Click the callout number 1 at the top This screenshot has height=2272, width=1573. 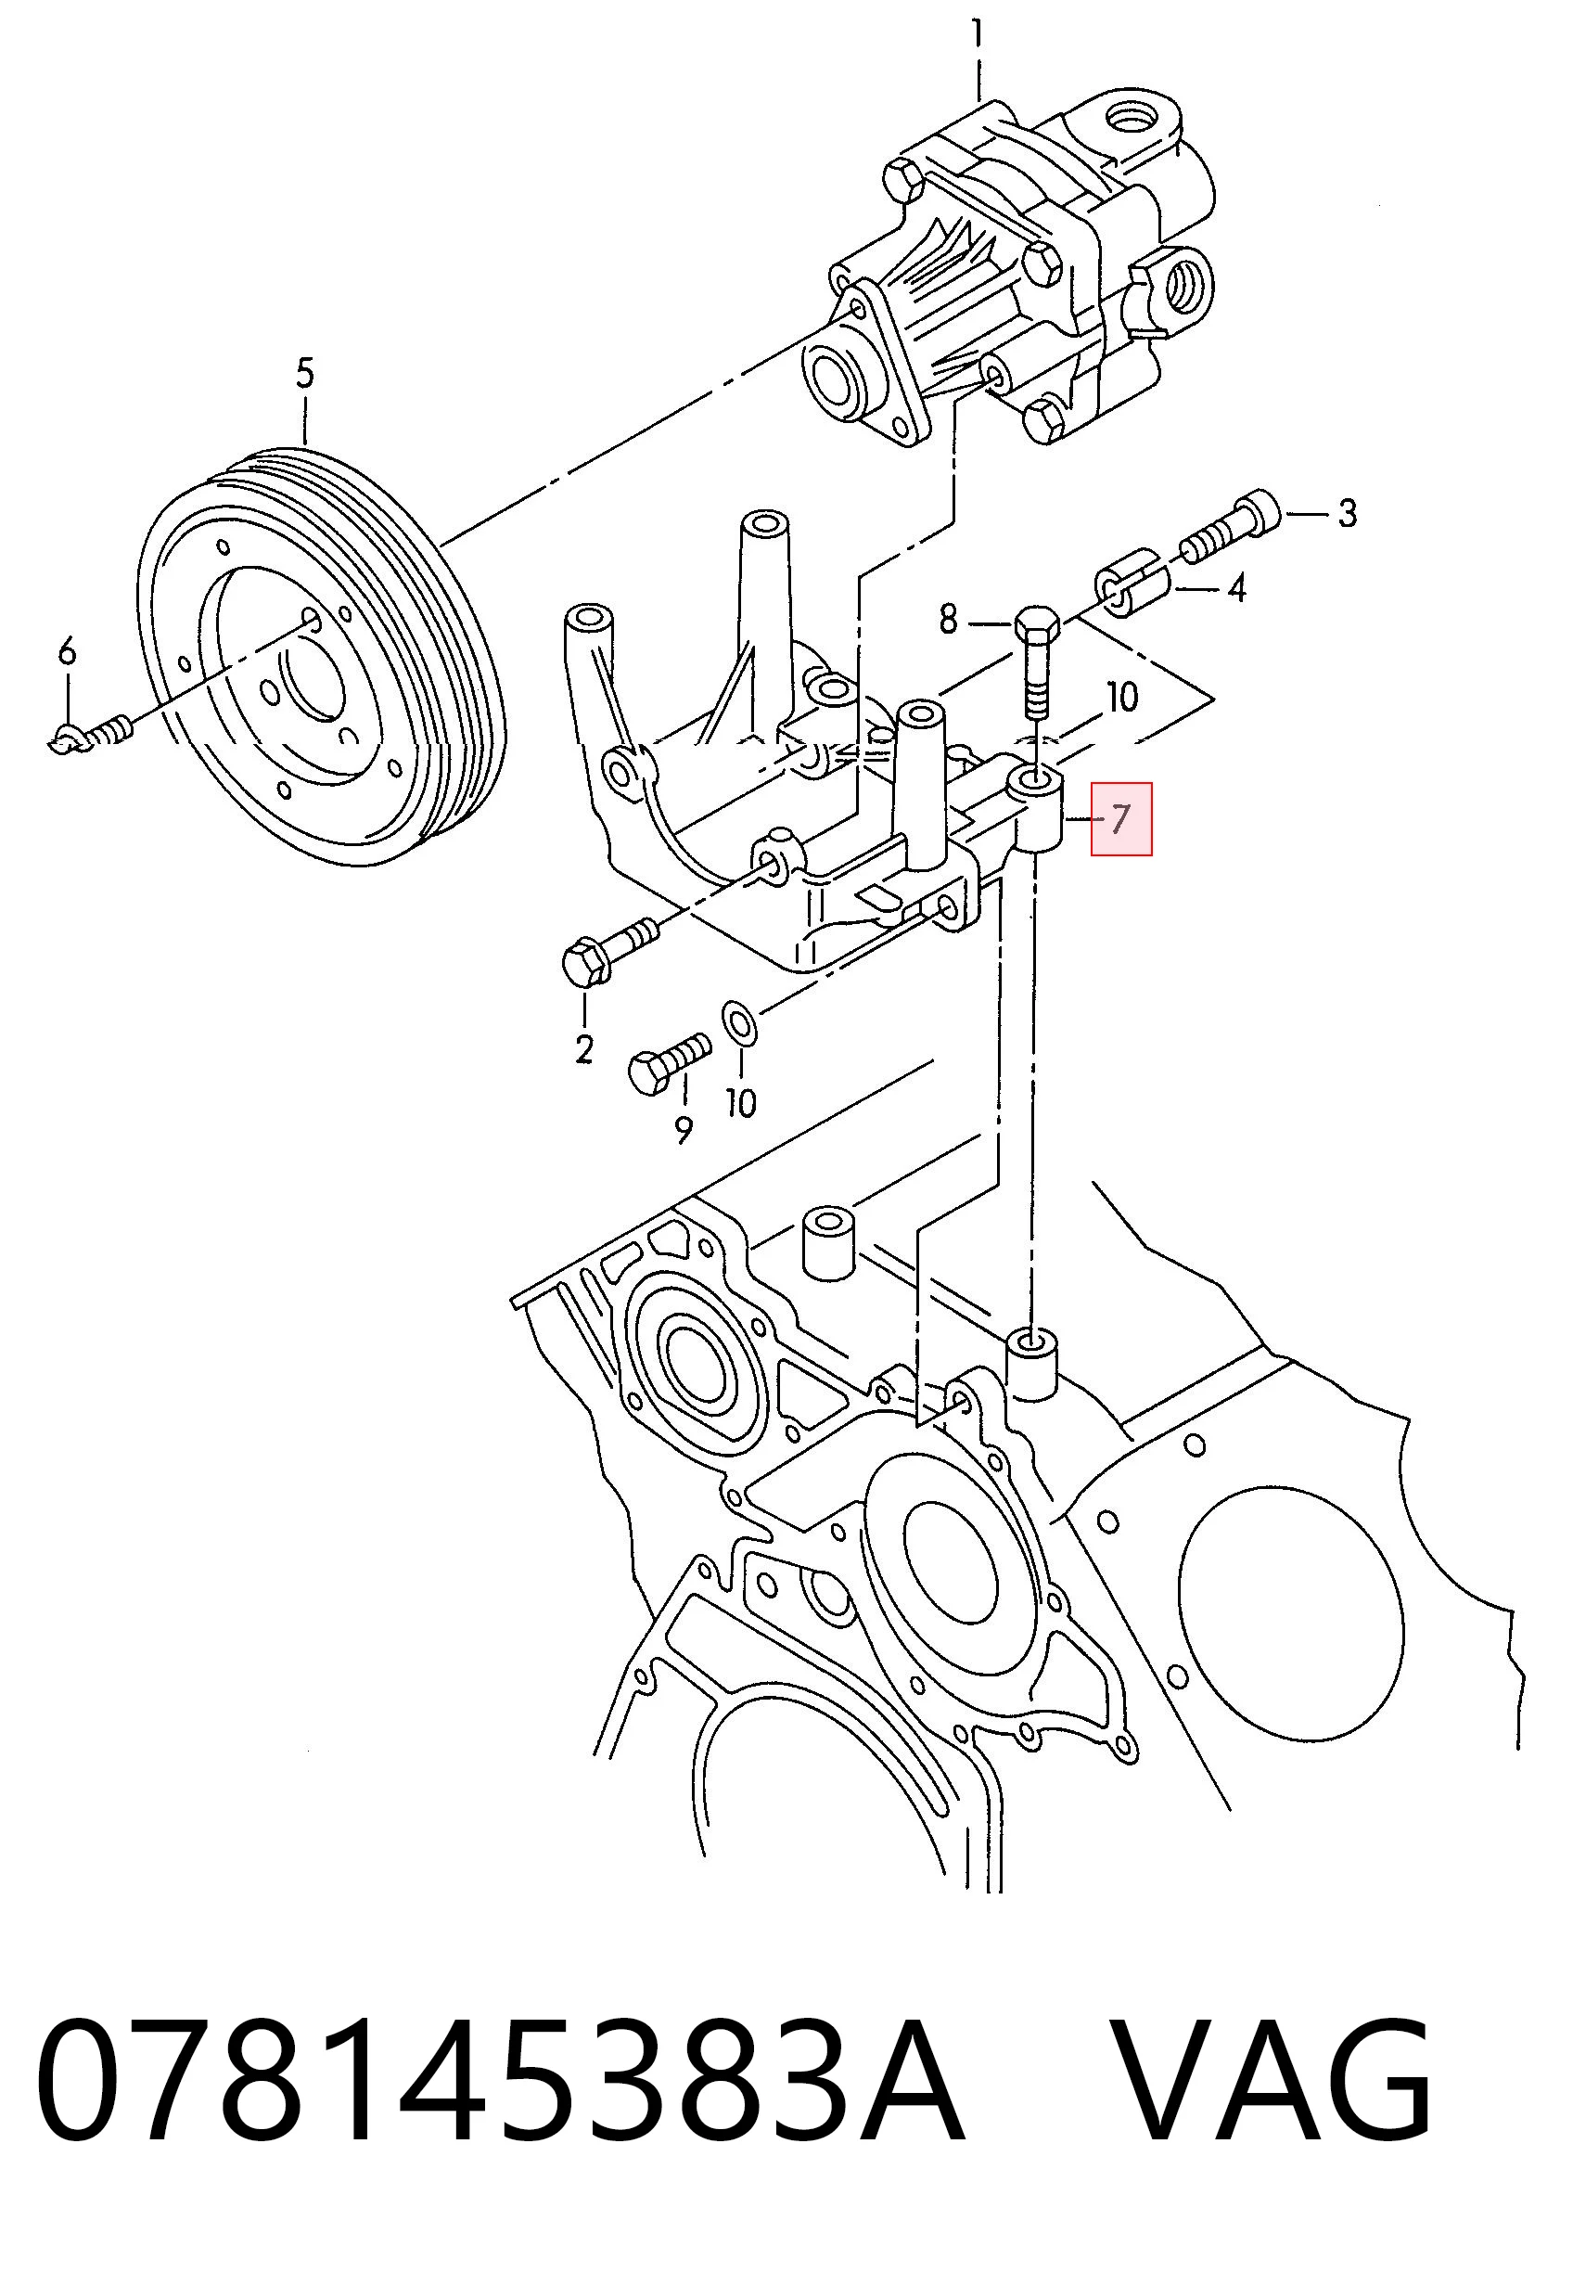click(978, 36)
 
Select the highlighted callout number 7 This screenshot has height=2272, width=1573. click(1120, 819)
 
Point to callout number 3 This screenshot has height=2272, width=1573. click(1346, 514)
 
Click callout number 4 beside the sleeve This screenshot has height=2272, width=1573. click(1236, 588)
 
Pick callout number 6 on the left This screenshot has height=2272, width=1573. click(66, 651)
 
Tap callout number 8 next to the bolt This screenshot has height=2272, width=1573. click(948, 619)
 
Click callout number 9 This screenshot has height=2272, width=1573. click(684, 1130)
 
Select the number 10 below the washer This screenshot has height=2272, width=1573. click(741, 1103)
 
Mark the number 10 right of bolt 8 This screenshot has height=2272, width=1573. click(1122, 698)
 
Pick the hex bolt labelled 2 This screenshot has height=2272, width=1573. click(609, 949)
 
